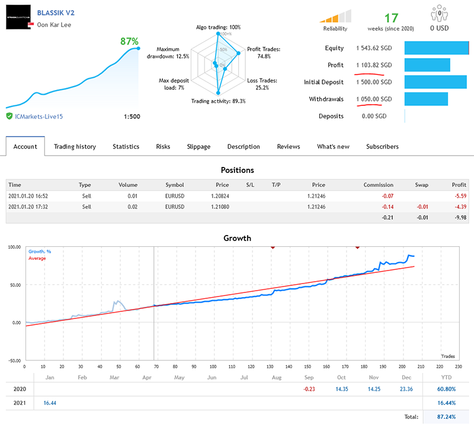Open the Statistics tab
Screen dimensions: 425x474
(126, 146)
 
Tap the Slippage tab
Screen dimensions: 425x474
(198, 146)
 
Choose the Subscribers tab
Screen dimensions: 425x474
(382, 146)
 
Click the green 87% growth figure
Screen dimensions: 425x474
(129, 41)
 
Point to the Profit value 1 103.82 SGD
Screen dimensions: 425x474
(374, 65)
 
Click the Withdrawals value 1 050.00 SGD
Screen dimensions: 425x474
(374, 99)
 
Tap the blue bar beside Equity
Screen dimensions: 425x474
(436, 48)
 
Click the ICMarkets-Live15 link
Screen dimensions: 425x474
(39, 117)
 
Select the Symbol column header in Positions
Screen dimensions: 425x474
(175, 185)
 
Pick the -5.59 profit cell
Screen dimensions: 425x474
(459, 197)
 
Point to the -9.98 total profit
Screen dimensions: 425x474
(459, 217)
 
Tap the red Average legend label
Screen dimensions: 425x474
(37, 258)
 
